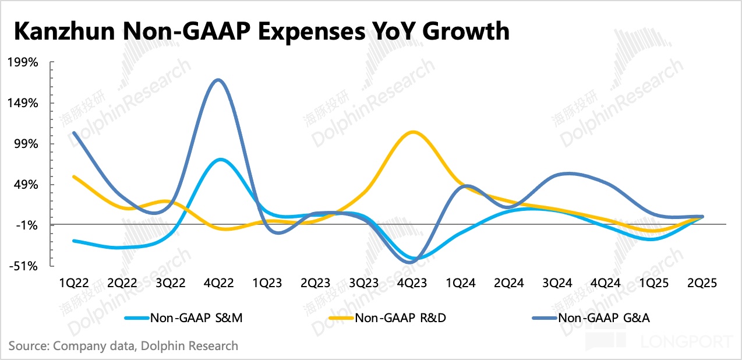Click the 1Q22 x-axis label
[x=74, y=283]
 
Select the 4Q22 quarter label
[x=219, y=283]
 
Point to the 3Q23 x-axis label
[x=364, y=283]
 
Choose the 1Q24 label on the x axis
[x=461, y=283]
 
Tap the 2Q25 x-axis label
[x=702, y=283]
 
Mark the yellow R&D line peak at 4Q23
[x=413, y=132]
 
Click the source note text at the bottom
[x=123, y=345]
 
